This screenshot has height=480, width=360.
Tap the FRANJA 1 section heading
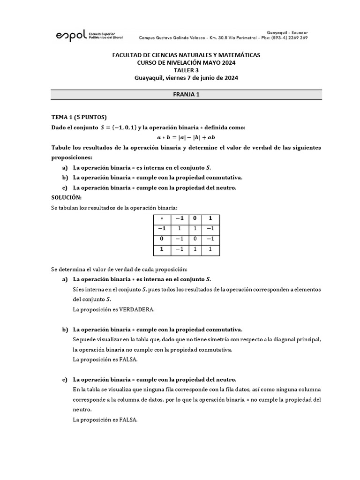(x=186, y=94)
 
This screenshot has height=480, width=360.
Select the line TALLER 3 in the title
(x=186, y=70)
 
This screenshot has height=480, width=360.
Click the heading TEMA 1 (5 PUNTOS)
(x=79, y=117)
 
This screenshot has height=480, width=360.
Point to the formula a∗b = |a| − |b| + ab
(x=186, y=137)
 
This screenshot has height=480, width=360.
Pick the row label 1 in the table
(x=162, y=250)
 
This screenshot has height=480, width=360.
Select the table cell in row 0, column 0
(x=194, y=240)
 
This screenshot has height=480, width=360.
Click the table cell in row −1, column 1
(x=210, y=229)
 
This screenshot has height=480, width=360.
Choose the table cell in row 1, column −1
(x=178, y=250)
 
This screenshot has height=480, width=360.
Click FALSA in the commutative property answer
(x=127, y=360)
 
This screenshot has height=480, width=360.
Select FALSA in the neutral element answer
(x=127, y=420)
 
